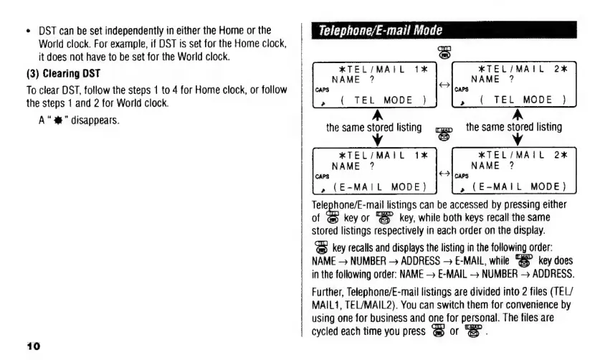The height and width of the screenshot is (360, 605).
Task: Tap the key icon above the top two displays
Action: coord(442,51)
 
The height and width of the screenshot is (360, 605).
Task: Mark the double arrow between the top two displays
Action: coord(443,85)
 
